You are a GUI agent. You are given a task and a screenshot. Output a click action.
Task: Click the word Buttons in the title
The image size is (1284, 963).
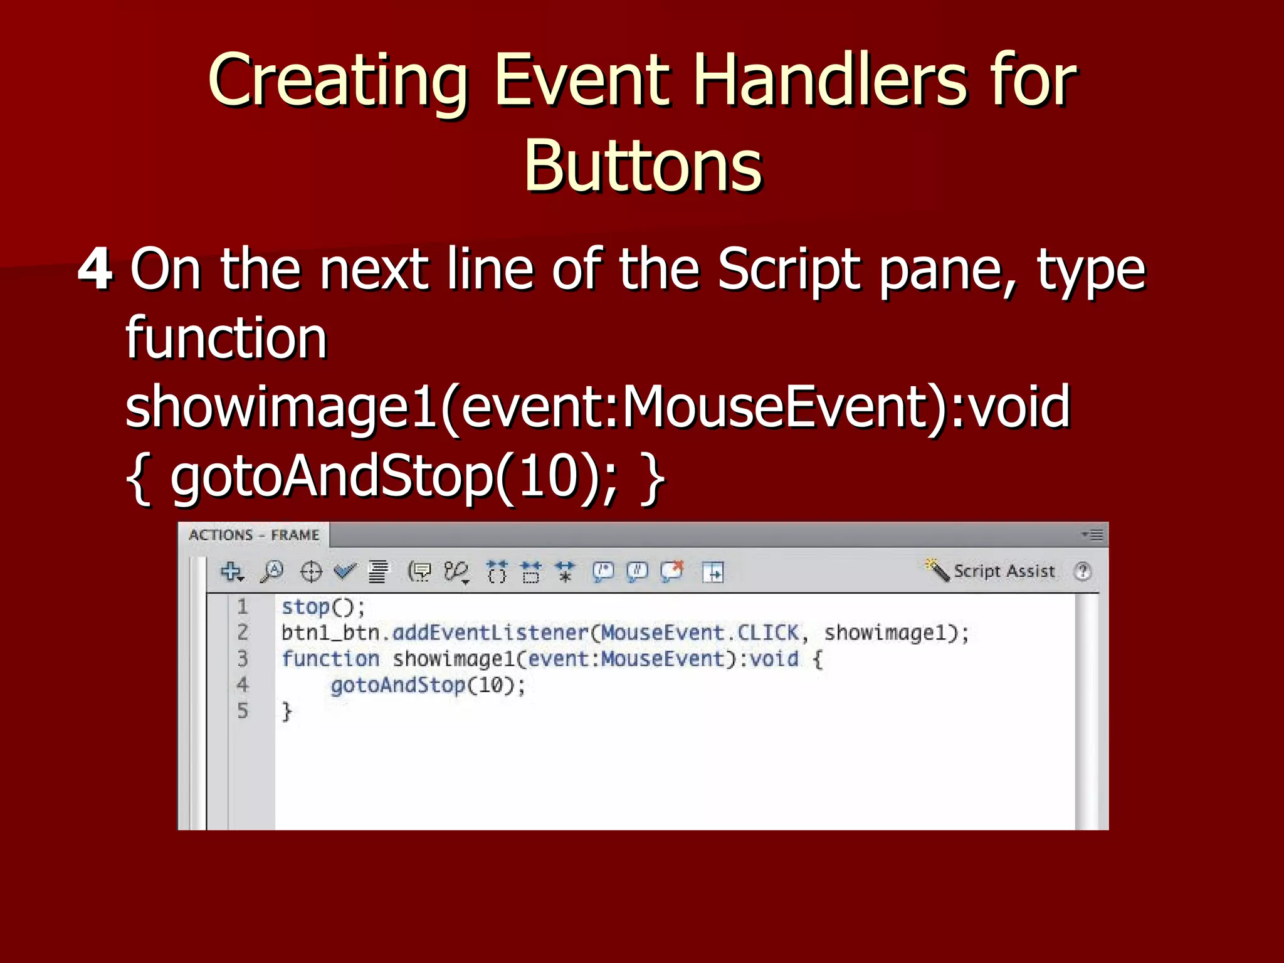pyautogui.click(x=643, y=166)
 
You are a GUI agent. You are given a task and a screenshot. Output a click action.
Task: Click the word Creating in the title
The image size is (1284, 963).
pyautogui.click(x=338, y=82)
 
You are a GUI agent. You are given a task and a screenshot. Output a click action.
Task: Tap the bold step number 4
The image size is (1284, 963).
pyautogui.click(x=95, y=270)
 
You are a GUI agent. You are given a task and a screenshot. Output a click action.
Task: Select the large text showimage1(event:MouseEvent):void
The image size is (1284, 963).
pyautogui.click(x=597, y=408)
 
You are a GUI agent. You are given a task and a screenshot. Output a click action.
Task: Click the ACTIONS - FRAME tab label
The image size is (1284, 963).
pyautogui.click(x=254, y=535)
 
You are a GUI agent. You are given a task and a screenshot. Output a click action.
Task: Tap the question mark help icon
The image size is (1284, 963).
pyautogui.click(x=1082, y=571)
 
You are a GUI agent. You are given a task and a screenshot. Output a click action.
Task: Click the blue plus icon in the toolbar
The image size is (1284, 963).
pyautogui.click(x=231, y=572)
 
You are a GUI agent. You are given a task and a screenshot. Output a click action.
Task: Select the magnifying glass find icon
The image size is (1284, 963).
pyautogui.click(x=272, y=572)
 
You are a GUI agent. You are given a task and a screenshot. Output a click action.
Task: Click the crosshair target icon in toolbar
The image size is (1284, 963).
pyautogui.click(x=311, y=572)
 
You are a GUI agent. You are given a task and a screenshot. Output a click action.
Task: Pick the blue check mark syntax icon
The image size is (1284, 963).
pyautogui.click(x=344, y=571)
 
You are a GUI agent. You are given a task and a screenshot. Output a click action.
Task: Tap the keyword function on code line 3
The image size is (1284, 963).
pyautogui.click(x=330, y=659)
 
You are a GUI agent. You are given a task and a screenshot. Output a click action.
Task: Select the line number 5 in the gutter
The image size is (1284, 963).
pyautogui.click(x=243, y=711)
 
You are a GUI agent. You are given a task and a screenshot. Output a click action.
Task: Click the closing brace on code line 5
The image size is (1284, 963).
pyautogui.click(x=287, y=712)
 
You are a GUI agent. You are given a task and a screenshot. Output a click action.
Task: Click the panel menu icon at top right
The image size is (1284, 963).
pyautogui.click(x=1093, y=535)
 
